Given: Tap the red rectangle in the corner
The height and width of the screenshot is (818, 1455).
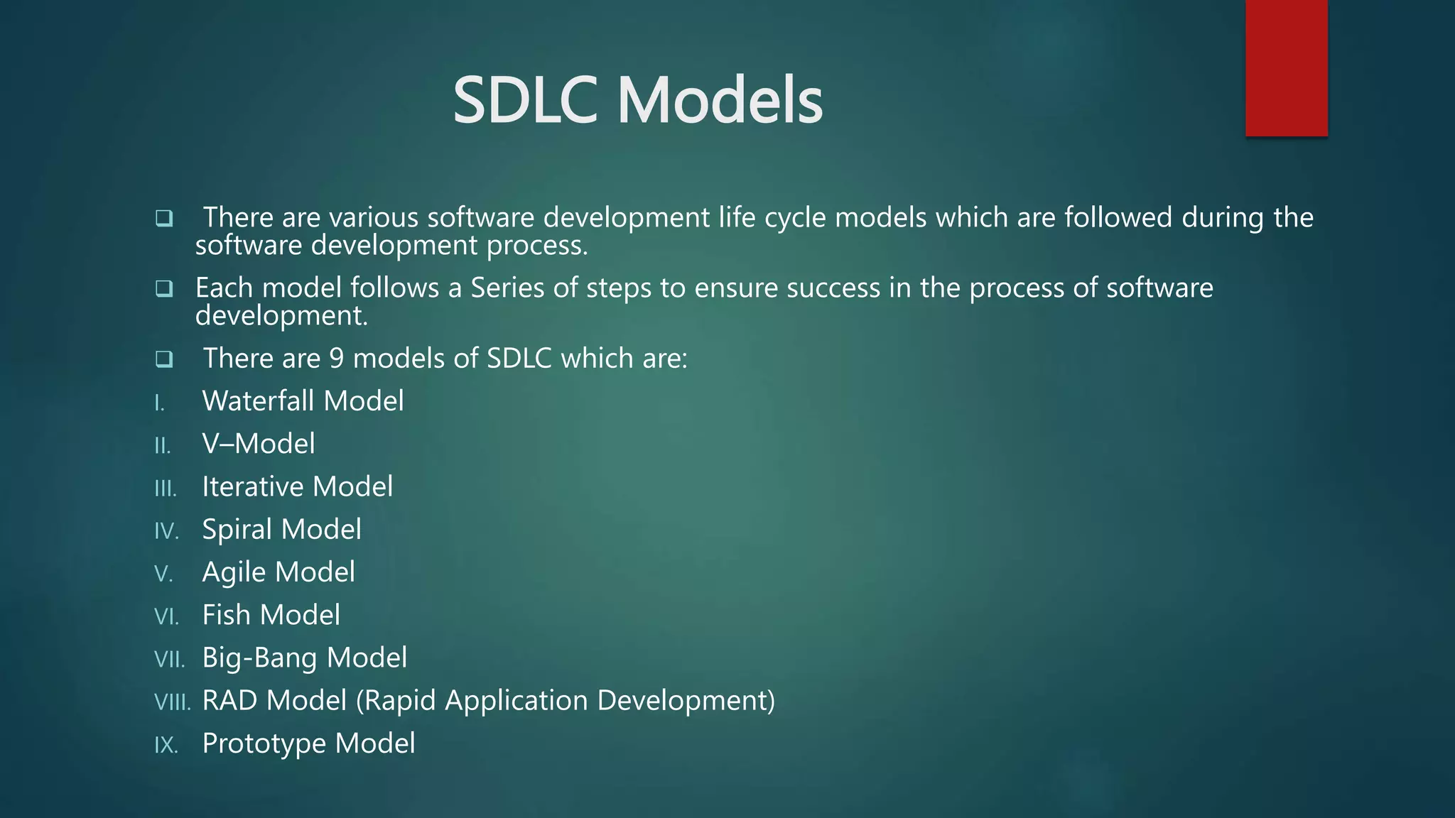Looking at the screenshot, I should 1286,68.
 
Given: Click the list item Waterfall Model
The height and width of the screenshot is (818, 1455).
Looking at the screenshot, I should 303,401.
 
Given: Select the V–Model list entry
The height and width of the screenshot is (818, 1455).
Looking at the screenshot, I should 259,444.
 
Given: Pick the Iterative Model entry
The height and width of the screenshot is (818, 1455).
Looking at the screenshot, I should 297,487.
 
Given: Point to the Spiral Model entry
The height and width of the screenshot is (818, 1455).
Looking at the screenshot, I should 281,530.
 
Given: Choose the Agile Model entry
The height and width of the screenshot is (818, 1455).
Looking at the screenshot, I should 278,572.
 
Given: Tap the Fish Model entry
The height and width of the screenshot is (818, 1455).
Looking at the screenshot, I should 271,615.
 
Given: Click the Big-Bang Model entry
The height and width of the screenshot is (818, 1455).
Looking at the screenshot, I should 304,658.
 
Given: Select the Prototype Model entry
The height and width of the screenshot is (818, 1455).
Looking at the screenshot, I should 308,743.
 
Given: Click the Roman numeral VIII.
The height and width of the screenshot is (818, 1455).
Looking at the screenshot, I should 173,702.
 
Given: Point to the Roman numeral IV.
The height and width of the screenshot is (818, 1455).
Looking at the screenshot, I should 166,531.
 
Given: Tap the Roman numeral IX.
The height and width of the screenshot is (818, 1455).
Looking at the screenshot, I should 166,745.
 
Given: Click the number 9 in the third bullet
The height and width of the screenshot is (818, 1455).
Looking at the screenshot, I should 337,359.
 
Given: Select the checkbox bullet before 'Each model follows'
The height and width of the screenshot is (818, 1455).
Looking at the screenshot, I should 164,288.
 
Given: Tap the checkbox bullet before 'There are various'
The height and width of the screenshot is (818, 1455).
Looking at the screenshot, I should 164,218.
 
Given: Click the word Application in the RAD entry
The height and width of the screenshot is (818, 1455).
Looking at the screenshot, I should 516,701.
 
